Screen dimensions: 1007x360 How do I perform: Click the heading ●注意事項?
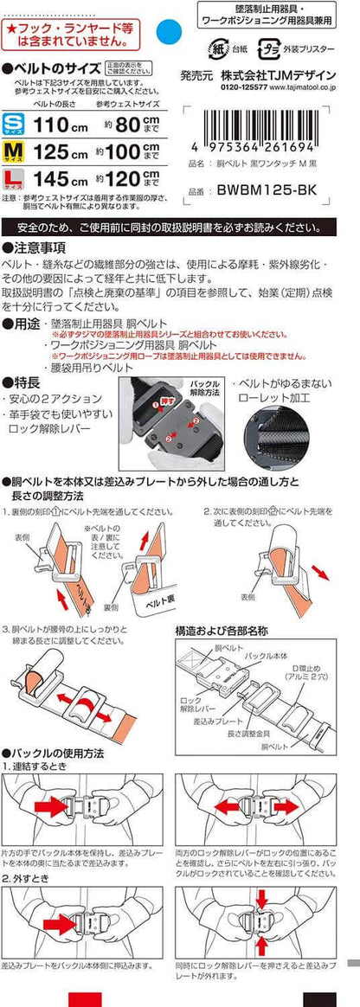coord(35,247)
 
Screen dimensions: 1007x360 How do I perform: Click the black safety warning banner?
coord(180,228)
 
